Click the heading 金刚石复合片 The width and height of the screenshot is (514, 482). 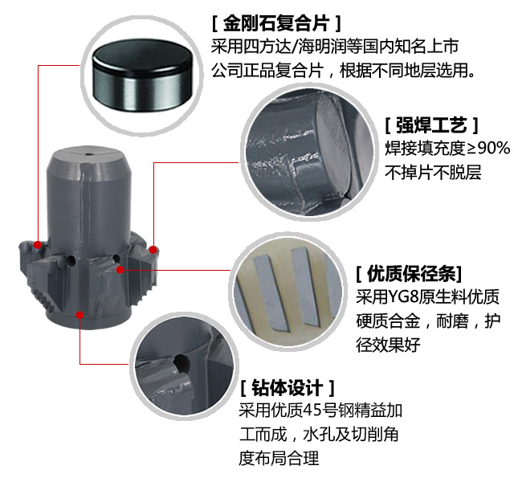coord(276,23)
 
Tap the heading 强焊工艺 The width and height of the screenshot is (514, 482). coord(431,125)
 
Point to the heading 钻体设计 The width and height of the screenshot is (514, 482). coord(288,388)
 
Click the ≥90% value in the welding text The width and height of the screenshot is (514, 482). coord(488,148)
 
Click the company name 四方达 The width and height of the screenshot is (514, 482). coord(267,47)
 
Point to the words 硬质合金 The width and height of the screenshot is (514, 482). coord(388,321)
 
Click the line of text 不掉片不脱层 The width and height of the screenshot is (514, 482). coord(433,172)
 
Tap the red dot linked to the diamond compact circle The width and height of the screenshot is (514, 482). coord(38,244)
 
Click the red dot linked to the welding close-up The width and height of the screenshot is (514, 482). coord(153,250)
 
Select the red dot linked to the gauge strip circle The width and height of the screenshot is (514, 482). coord(120,270)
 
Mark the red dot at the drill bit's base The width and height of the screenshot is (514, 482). coord(80,315)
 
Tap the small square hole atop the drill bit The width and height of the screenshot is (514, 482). coord(89,153)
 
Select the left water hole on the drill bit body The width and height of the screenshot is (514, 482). coord(71,260)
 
